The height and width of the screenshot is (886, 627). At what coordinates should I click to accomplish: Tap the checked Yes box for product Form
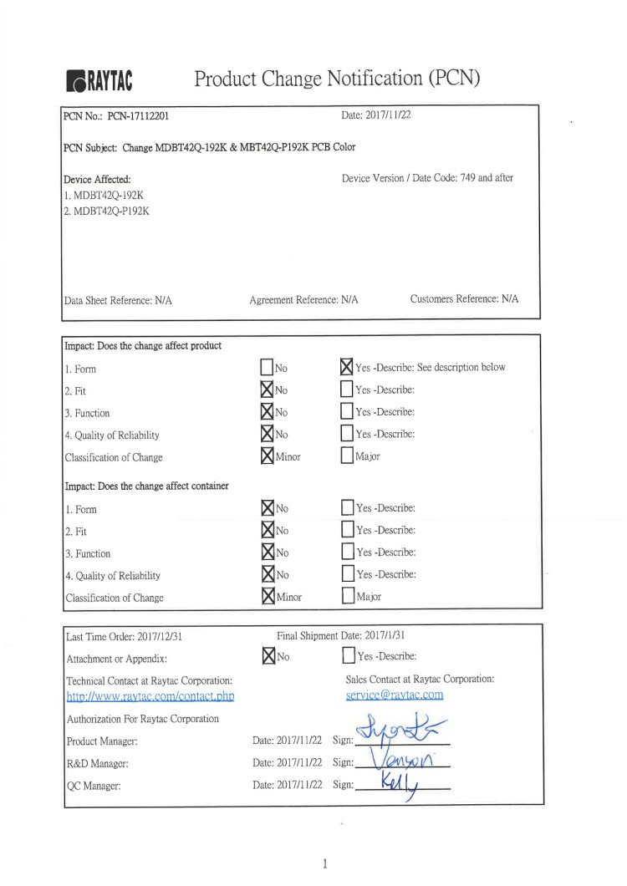tap(347, 367)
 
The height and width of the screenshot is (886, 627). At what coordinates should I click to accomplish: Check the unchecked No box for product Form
tap(267, 368)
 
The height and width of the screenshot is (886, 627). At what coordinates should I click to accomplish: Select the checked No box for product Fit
tap(267, 390)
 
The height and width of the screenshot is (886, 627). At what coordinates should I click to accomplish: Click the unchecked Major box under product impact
tap(347, 456)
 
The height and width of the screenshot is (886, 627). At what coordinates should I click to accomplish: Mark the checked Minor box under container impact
tap(267, 597)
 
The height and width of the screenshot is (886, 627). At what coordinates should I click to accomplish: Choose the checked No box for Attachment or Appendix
tap(267, 656)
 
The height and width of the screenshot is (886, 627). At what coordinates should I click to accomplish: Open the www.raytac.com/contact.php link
tap(150, 695)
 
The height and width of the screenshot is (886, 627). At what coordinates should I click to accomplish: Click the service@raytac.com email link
tap(394, 695)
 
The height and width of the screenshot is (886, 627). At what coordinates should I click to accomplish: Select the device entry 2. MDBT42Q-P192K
tap(107, 211)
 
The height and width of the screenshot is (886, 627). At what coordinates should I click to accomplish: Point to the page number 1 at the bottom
tap(324, 864)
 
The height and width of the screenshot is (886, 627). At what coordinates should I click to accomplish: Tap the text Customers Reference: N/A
tap(464, 298)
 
